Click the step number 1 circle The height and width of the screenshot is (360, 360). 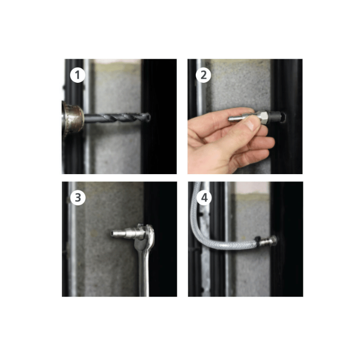pyautogui.click(x=78, y=75)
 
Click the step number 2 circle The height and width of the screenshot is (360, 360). pyautogui.click(x=203, y=75)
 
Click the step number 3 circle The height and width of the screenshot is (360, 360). pyautogui.click(x=78, y=197)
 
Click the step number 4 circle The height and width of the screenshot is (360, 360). pyautogui.click(x=203, y=198)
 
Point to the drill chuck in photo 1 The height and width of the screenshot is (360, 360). pyautogui.click(x=72, y=118)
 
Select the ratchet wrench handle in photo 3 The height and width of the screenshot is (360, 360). pyautogui.click(x=145, y=274)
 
